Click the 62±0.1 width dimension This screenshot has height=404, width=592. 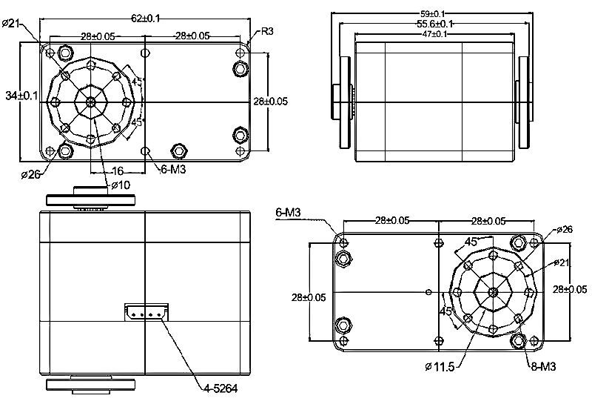click(x=145, y=18)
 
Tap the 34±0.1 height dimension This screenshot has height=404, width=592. click(x=21, y=96)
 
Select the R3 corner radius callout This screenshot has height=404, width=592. click(x=267, y=31)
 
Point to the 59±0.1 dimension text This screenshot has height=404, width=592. click(x=432, y=14)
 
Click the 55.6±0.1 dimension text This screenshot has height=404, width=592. click(x=434, y=24)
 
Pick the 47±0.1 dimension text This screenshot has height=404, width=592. click(x=434, y=34)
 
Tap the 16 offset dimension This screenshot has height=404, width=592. click(x=118, y=171)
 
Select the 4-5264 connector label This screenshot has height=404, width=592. click(x=221, y=388)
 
